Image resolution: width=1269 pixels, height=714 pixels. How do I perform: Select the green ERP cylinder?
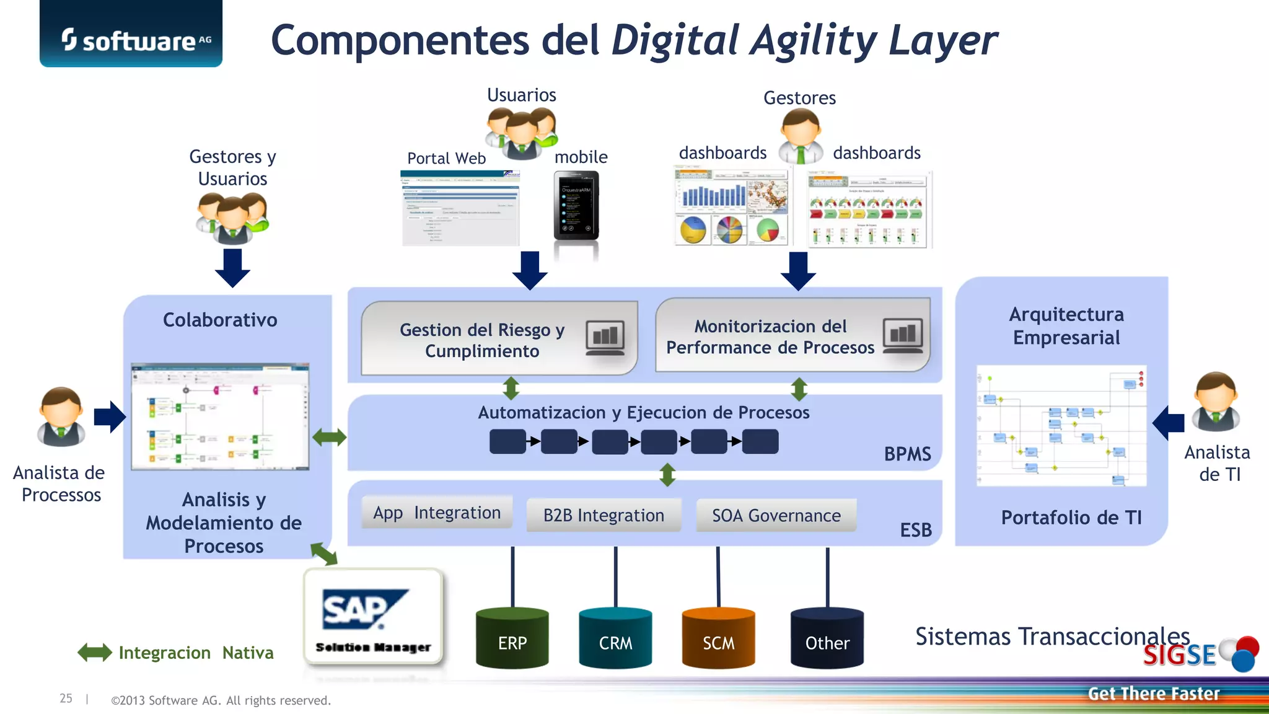coord(512,638)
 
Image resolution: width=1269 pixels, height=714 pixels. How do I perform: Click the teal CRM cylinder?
coord(615,638)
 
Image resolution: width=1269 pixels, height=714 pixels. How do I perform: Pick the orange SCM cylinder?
coord(718,638)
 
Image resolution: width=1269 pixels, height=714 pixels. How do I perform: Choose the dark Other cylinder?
coord(827,638)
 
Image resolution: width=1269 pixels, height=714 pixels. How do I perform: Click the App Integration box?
coord(437,513)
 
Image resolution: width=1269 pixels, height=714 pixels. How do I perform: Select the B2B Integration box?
coord(604,515)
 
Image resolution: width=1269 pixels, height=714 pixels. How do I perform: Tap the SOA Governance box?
coord(776,515)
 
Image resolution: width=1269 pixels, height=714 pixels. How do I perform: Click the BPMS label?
coord(907,454)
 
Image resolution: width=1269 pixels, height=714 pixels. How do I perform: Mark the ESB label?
coord(916,530)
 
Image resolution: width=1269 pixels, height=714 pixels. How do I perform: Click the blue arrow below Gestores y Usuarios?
coord(232,268)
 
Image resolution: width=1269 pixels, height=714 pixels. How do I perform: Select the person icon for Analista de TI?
coord(1216,403)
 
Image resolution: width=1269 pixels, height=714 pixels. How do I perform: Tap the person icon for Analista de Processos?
coord(61,417)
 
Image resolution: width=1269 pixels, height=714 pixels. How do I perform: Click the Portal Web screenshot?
coord(460,208)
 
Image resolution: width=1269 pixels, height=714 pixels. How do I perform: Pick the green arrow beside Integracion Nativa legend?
coord(95,653)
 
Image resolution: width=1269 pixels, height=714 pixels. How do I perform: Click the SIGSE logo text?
coord(1179,655)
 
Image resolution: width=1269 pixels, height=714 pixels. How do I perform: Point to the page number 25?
coord(66,699)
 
